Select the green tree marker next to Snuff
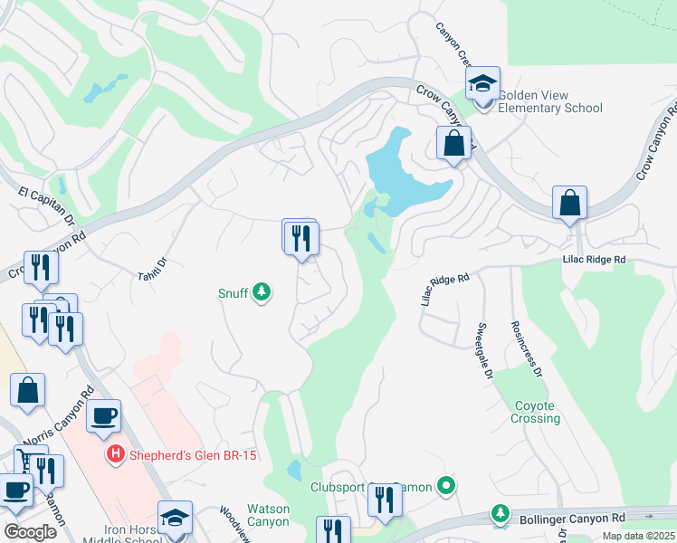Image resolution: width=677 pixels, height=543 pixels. [262, 292]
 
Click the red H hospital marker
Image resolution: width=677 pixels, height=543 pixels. [115, 453]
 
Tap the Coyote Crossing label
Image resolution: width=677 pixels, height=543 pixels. [538, 412]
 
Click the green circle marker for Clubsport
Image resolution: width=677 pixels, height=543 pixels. [445, 487]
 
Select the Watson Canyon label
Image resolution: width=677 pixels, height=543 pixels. [268, 515]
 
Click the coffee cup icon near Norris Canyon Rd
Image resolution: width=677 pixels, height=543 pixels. [103, 416]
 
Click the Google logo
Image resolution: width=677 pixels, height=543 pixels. [30, 531]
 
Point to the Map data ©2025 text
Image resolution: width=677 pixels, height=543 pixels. [638, 536]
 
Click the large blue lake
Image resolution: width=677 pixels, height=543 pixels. [403, 172]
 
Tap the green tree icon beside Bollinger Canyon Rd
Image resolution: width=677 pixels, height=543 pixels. [501, 514]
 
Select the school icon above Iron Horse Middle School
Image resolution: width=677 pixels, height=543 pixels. [175, 518]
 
